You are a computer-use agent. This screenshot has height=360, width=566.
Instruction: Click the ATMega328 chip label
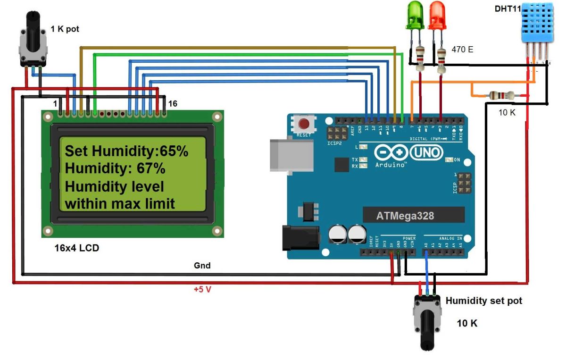pos(405,216)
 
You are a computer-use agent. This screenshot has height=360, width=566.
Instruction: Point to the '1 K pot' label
pos(65,29)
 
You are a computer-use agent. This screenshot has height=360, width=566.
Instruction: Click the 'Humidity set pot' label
pos(483,301)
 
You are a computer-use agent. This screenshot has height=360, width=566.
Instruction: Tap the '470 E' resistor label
pos(462,49)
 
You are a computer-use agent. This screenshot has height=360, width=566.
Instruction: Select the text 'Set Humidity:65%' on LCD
pos(126,151)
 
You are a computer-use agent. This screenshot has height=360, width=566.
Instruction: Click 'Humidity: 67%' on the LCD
pos(115,168)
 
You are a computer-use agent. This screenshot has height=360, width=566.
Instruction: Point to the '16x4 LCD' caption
pos(77,248)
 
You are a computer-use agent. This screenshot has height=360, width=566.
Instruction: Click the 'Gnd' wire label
pos(202,266)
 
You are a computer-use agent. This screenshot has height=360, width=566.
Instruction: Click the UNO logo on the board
pos(426,152)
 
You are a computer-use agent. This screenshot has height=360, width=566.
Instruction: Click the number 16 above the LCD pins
pos(173,103)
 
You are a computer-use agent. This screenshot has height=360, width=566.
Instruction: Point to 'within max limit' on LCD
pos(120,204)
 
